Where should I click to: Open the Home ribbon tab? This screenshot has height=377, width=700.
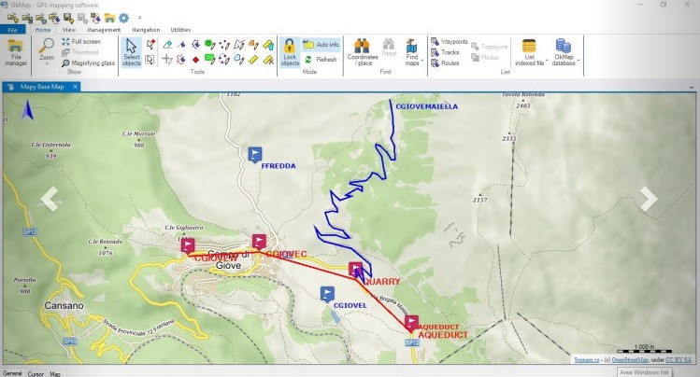click(42, 30)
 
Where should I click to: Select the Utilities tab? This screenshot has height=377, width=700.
click(180, 30)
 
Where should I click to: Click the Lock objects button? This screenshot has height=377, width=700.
click(290, 52)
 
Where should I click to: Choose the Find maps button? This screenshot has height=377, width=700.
click(412, 52)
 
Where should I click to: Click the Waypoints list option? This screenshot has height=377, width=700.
click(453, 41)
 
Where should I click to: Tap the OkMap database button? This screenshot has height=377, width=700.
click(564, 52)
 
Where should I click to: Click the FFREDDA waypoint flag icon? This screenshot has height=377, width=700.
click(256, 154)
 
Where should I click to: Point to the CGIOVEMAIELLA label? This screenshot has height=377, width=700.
click(426, 106)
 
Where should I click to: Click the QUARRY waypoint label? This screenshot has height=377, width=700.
click(381, 280)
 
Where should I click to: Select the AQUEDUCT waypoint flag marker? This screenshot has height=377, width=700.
click(411, 323)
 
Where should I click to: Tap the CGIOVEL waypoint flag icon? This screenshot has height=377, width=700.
click(327, 294)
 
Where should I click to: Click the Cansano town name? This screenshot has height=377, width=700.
click(64, 305)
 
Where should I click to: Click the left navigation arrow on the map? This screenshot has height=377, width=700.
click(50, 198)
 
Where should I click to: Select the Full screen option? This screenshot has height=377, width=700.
click(85, 41)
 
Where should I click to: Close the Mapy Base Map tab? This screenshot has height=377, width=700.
click(76, 87)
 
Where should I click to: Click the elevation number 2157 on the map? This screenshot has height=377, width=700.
click(479, 200)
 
